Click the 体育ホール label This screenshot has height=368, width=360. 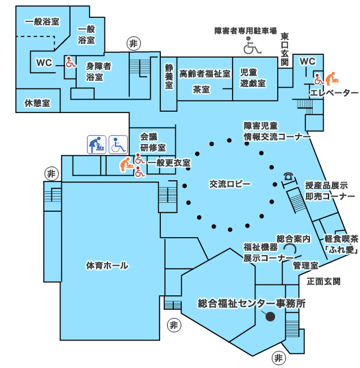[x=107, y=266]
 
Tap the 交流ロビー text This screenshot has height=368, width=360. [x=230, y=184]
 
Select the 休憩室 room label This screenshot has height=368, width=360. [x=38, y=103]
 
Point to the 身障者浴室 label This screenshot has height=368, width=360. [x=99, y=71]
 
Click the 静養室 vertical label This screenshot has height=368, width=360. [x=169, y=77]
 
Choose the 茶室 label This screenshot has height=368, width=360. [x=201, y=89]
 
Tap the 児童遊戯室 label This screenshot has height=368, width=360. [x=253, y=77]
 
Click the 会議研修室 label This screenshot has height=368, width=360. [x=153, y=143]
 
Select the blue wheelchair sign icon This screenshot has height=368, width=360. [x=118, y=145]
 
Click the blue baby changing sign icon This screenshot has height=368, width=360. [x=97, y=145]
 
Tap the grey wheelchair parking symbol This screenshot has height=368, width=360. [x=251, y=45]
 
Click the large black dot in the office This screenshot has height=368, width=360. [x=270, y=317]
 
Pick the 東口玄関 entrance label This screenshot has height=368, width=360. [x=285, y=49]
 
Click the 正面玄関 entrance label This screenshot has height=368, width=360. [x=324, y=281]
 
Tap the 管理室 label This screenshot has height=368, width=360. [x=306, y=266]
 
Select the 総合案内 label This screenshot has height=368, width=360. [x=294, y=239]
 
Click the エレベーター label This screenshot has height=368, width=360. [x=334, y=93]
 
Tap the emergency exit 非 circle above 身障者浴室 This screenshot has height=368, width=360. [x=133, y=44]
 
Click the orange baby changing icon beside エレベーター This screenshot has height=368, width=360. [x=332, y=79]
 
